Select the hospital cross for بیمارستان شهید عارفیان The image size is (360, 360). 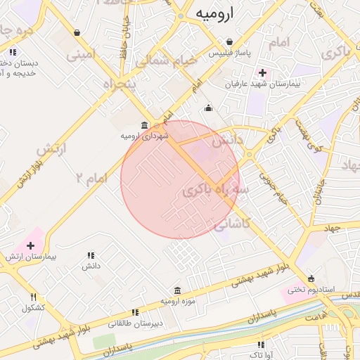(262, 72)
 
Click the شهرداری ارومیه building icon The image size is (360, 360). (145, 125)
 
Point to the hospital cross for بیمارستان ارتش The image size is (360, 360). (30, 245)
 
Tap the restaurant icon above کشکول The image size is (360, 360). (34, 297)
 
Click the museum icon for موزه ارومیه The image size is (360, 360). (176, 290)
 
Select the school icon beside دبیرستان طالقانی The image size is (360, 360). (135, 312)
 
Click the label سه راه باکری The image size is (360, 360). (216, 191)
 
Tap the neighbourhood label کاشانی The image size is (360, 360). (231, 224)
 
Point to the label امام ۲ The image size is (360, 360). (91, 178)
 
